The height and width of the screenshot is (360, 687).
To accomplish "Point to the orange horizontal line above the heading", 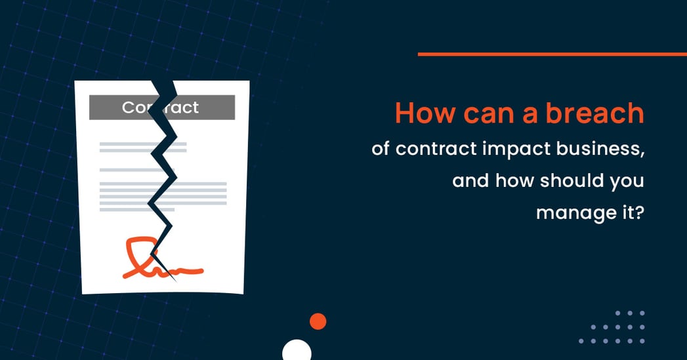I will point(552,54).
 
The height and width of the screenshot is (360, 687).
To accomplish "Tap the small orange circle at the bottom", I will point(318,321).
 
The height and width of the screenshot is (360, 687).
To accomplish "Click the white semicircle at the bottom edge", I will point(297,351).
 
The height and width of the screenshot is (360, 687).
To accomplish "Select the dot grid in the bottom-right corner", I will point(612,327).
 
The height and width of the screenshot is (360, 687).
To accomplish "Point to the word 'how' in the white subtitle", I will point(514,180).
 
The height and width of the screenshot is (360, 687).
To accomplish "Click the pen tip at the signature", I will point(173,277).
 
